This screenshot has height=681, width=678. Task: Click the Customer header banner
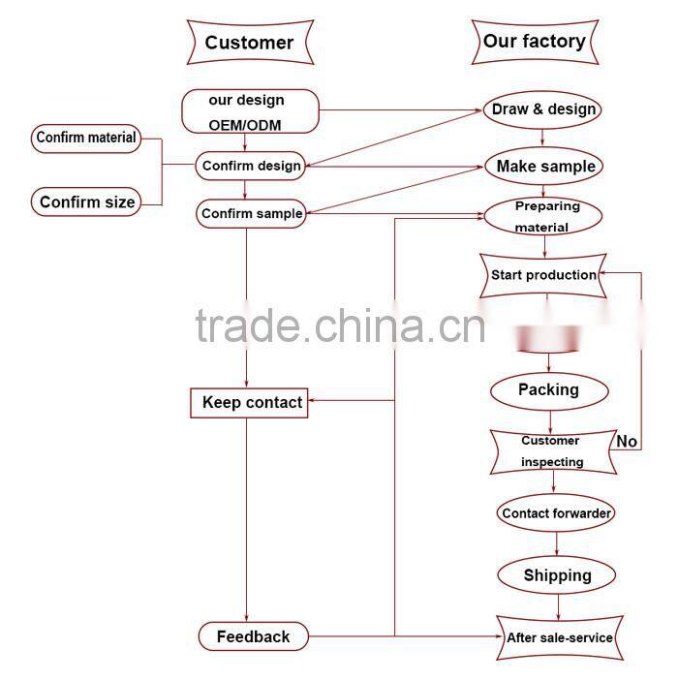pyautogui.click(x=249, y=43)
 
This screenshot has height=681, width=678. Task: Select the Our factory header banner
pyautogui.click(x=534, y=42)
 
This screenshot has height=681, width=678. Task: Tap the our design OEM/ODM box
pyautogui.click(x=250, y=111)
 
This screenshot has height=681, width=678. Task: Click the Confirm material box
pyautogui.click(x=86, y=138)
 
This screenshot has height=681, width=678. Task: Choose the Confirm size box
pyautogui.click(x=86, y=201)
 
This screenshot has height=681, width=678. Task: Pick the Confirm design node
pyautogui.click(x=251, y=166)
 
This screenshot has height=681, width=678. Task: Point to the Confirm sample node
pyautogui.click(x=251, y=213)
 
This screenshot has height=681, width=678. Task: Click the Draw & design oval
pyautogui.click(x=543, y=109)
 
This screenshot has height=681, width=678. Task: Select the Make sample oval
pyautogui.click(x=545, y=167)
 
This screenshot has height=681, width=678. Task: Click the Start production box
pyautogui.click(x=543, y=275)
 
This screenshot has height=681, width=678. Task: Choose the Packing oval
pyautogui.click(x=548, y=390)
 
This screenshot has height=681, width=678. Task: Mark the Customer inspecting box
pyautogui.click(x=551, y=451)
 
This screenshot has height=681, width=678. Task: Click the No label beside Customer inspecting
pyautogui.click(x=627, y=442)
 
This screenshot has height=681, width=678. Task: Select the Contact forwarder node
pyautogui.click(x=556, y=513)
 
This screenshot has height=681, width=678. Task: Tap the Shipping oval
pyautogui.click(x=557, y=575)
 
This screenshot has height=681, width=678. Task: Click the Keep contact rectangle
pyautogui.click(x=249, y=402)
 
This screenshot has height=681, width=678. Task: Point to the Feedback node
pyautogui.click(x=254, y=636)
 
